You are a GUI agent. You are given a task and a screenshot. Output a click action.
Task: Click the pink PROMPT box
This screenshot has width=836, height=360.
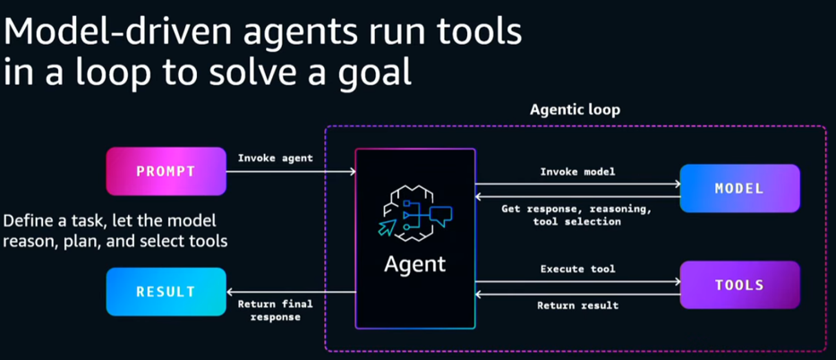166,171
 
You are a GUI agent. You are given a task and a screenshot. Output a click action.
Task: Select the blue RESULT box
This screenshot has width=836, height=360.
166,291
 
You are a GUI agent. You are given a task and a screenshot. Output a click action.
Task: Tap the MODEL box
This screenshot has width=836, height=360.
739,188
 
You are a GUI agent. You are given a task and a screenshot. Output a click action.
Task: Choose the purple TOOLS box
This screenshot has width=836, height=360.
739,285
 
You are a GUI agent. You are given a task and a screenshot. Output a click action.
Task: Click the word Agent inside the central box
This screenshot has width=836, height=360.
414,265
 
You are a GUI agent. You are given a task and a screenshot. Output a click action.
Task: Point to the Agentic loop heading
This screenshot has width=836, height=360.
575,110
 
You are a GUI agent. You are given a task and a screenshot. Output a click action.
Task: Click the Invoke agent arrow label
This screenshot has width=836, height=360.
274,159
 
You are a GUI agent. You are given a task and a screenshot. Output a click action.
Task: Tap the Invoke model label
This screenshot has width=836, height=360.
578,171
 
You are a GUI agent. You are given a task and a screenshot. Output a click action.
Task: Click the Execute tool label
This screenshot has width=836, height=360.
578,269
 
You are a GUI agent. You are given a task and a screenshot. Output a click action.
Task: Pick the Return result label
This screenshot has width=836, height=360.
578,305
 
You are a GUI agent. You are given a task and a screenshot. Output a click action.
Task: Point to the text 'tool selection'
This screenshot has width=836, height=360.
578,221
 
